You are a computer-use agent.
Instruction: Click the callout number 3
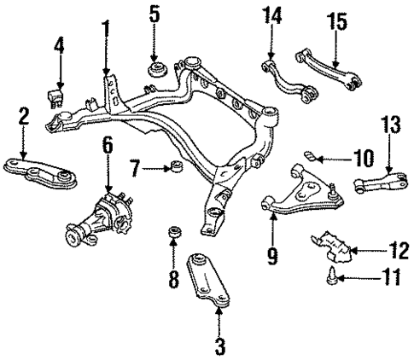(x=219, y=347)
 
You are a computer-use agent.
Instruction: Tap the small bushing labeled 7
(x=176, y=165)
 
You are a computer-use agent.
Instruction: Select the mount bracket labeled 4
(x=59, y=94)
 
